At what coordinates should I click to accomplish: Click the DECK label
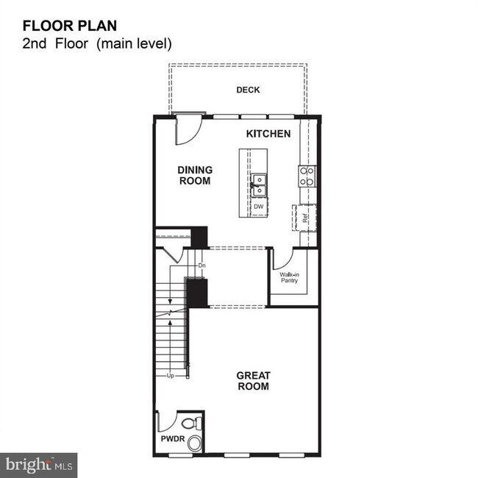click(x=248, y=90)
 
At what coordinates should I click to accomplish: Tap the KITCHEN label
click(x=268, y=134)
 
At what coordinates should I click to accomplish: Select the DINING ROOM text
click(x=195, y=175)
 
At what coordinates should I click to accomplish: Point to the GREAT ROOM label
click(x=253, y=380)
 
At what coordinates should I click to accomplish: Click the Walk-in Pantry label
click(x=289, y=277)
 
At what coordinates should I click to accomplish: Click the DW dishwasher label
click(x=258, y=207)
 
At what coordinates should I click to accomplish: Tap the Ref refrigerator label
click(x=305, y=218)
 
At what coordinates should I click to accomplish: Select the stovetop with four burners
click(x=307, y=176)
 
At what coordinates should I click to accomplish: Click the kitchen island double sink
click(x=259, y=185)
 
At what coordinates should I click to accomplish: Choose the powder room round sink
click(x=195, y=443)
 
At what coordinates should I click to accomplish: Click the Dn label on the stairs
click(x=201, y=264)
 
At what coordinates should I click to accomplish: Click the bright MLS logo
click(x=38, y=465)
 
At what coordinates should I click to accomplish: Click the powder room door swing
click(x=168, y=421)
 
